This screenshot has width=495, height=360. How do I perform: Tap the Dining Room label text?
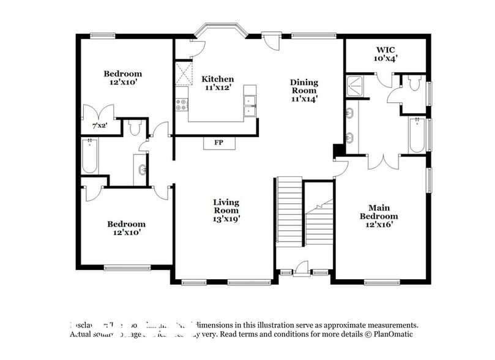click(x=304, y=90)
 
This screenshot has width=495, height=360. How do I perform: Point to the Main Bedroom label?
click(x=379, y=212)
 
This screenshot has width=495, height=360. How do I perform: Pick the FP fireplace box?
click(x=218, y=143)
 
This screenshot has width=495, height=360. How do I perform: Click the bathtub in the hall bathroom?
click(x=91, y=157)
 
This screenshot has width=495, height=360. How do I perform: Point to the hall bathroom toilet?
click(x=135, y=127)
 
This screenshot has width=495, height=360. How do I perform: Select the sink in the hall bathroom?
click(x=143, y=170)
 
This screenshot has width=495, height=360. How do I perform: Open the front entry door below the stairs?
click(x=302, y=268)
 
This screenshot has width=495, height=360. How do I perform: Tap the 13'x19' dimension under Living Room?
click(x=226, y=219)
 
